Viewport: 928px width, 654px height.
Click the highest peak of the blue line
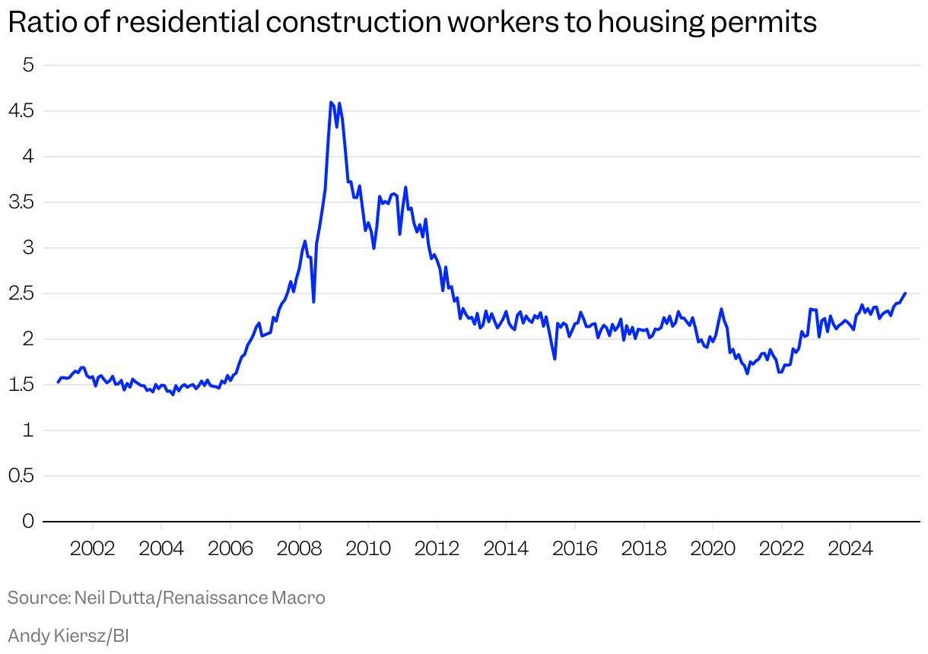(x=331, y=102)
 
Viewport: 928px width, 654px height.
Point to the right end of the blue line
(x=904, y=293)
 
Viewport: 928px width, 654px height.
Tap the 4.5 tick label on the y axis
(x=22, y=111)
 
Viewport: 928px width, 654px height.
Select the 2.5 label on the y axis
(x=22, y=294)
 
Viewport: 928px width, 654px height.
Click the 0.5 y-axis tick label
(x=22, y=476)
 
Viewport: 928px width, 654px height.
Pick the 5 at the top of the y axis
(x=29, y=65)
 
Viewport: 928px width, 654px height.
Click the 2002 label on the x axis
(x=93, y=548)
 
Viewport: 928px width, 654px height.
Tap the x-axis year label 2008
(x=299, y=548)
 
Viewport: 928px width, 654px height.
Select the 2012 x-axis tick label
(x=437, y=548)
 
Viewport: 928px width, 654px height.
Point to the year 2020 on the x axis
(x=713, y=548)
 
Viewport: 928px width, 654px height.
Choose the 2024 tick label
(x=850, y=548)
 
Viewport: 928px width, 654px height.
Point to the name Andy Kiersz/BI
(x=68, y=635)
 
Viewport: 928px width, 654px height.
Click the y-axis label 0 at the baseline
(x=29, y=522)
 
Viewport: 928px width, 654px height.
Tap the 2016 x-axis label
(x=575, y=548)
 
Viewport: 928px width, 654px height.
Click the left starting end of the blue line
(x=59, y=382)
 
